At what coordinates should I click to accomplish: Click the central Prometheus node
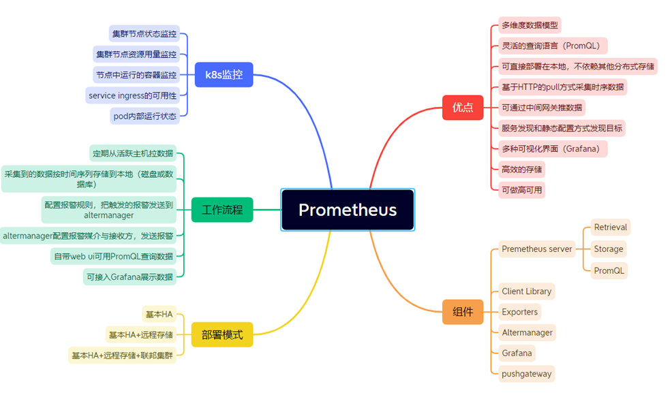[x=348, y=210]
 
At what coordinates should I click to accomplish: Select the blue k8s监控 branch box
[x=224, y=74]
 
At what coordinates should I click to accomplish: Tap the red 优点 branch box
[x=463, y=107]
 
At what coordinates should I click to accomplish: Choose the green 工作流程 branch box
[x=222, y=210]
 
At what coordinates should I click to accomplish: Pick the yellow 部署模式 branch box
[x=222, y=334]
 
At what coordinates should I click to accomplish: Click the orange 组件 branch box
[x=463, y=312]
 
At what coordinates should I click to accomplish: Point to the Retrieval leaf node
[x=610, y=227]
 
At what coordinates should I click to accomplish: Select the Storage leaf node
[x=609, y=249]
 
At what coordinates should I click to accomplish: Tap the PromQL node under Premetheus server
[x=609, y=271]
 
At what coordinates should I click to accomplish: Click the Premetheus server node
[x=537, y=249]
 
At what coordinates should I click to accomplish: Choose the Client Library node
[x=527, y=291]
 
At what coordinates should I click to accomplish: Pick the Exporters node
[x=520, y=312]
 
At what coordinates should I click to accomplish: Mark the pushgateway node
[x=527, y=374]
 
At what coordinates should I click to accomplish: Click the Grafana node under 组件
[x=517, y=353]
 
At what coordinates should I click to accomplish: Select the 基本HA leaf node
[x=159, y=315]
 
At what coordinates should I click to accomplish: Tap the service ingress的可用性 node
[x=132, y=95]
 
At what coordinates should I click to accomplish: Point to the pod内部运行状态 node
[x=145, y=116]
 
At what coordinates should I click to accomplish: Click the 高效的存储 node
[x=521, y=170]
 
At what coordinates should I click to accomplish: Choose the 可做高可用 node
[x=521, y=190]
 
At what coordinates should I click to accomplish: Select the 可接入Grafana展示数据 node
[x=130, y=277]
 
